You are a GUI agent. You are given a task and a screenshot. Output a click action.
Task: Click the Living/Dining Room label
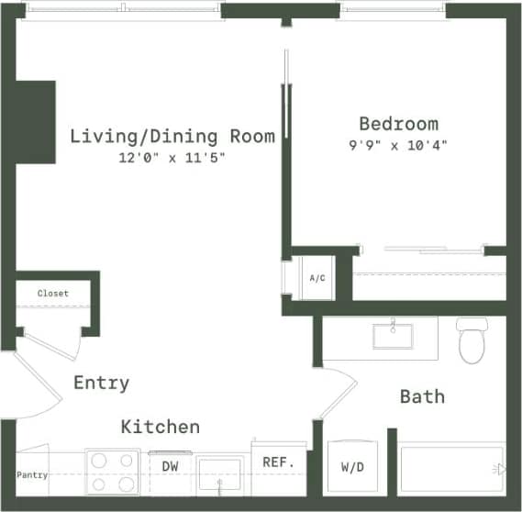[x=172, y=137]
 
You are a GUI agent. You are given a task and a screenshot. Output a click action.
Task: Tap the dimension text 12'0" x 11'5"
[x=172, y=158]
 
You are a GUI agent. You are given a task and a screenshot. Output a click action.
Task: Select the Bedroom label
[x=398, y=124]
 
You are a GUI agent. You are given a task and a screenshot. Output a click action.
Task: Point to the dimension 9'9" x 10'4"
[x=398, y=145]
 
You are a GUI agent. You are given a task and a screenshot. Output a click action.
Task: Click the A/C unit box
[x=317, y=277]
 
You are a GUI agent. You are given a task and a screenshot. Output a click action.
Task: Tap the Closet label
[x=52, y=294]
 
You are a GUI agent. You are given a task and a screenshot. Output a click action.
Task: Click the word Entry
[x=101, y=383]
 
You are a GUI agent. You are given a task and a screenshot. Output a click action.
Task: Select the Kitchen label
[x=161, y=427]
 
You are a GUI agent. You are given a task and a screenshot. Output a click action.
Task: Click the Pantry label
[x=31, y=475]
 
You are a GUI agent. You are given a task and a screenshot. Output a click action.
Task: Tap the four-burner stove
[x=113, y=472]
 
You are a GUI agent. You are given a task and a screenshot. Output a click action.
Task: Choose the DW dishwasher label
[x=170, y=466]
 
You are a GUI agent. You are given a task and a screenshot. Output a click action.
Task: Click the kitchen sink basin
[x=220, y=476]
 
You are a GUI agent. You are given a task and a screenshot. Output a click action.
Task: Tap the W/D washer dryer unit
[x=352, y=468]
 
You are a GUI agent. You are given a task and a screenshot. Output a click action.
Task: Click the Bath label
[x=422, y=396]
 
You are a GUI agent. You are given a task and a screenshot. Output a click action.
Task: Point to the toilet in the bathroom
[x=471, y=340]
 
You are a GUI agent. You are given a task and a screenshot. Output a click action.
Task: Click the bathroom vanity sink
[x=393, y=335]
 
